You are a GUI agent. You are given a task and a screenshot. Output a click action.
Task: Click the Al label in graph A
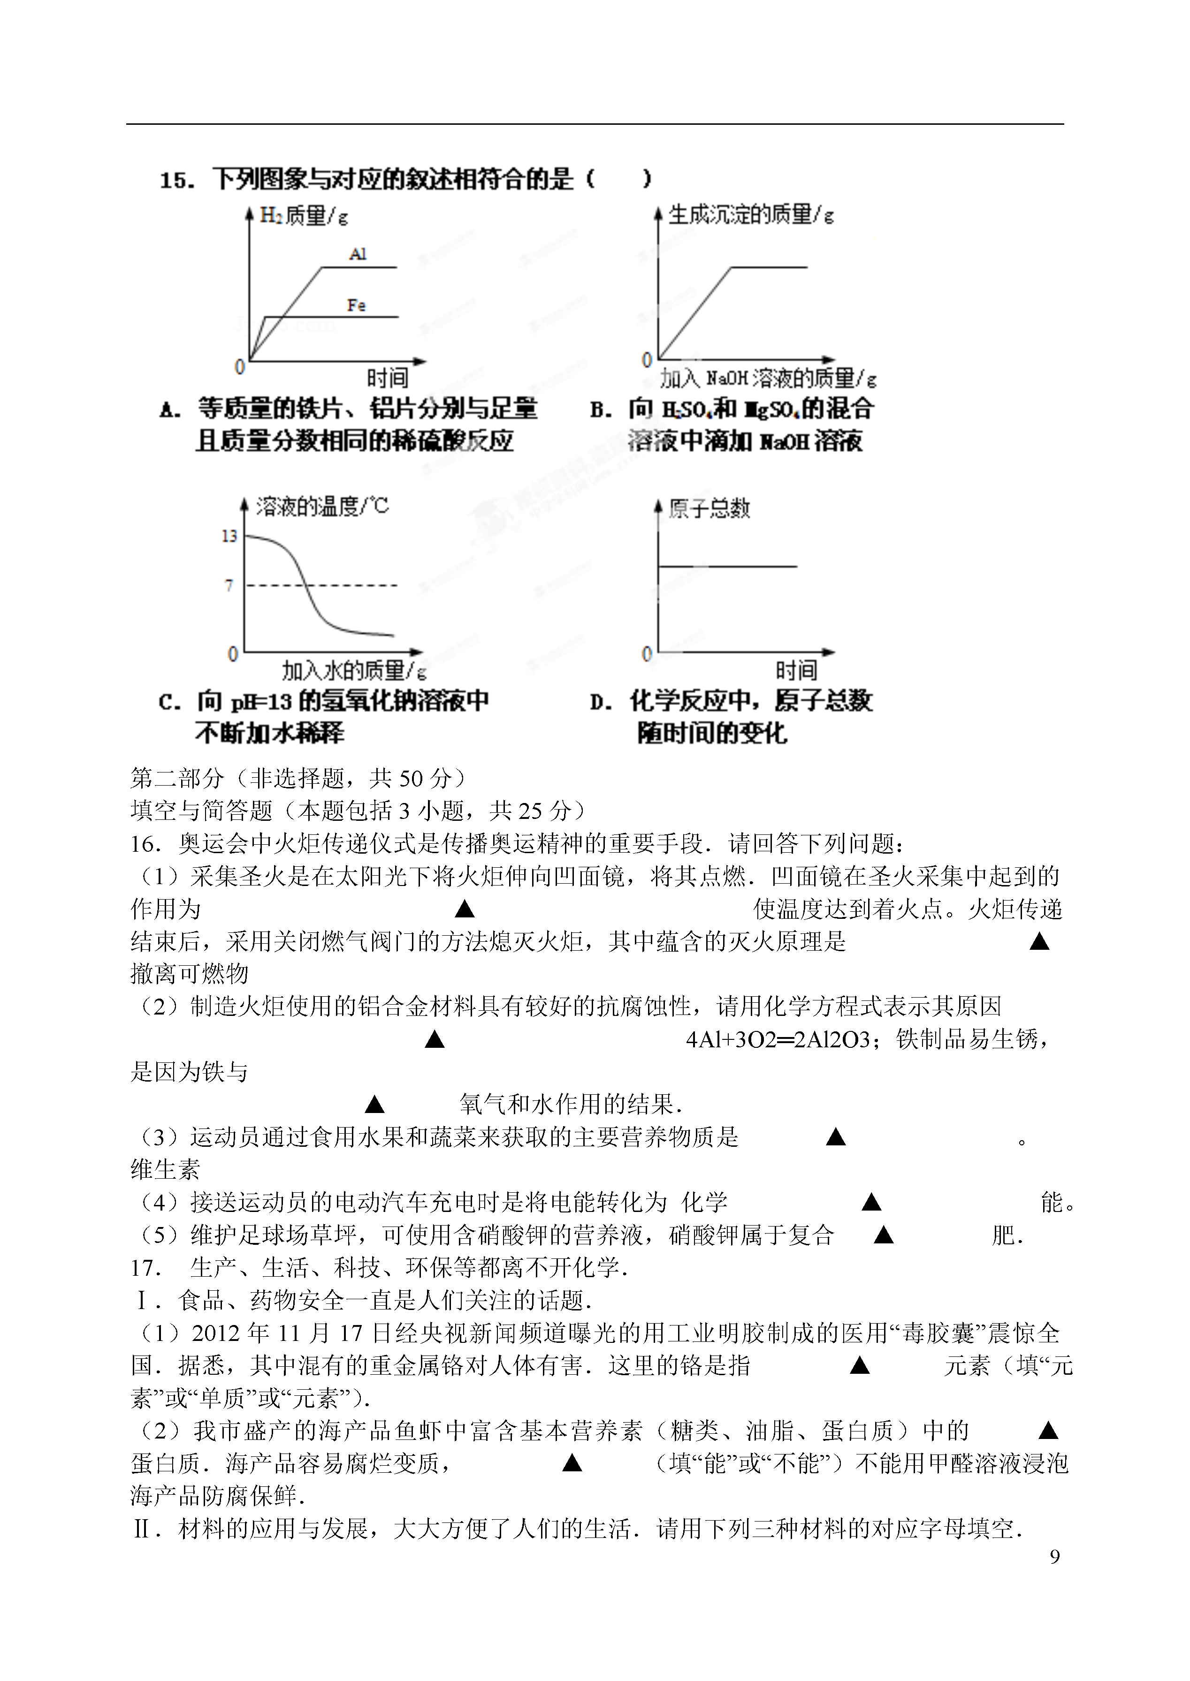tap(358, 254)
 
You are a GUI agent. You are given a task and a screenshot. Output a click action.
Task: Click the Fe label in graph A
tap(356, 305)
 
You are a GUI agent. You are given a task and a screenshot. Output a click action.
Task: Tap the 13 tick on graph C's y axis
tap(229, 536)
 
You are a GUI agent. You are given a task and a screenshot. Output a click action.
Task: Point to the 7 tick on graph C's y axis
tap(229, 585)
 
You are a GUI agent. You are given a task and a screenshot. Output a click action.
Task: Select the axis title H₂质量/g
tap(304, 216)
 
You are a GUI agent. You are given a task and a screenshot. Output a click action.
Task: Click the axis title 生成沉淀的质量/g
tap(751, 215)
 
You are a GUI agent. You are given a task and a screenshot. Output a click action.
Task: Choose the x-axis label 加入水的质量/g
tap(354, 670)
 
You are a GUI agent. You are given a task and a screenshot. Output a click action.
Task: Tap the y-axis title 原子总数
tap(709, 508)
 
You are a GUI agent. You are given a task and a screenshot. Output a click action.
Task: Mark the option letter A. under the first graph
tap(170, 410)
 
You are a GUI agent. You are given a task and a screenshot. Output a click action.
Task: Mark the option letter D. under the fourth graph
tap(601, 703)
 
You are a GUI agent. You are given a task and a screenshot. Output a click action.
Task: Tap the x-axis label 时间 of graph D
tap(796, 670)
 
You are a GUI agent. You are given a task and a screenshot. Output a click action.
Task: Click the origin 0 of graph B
tap(646, 360)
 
